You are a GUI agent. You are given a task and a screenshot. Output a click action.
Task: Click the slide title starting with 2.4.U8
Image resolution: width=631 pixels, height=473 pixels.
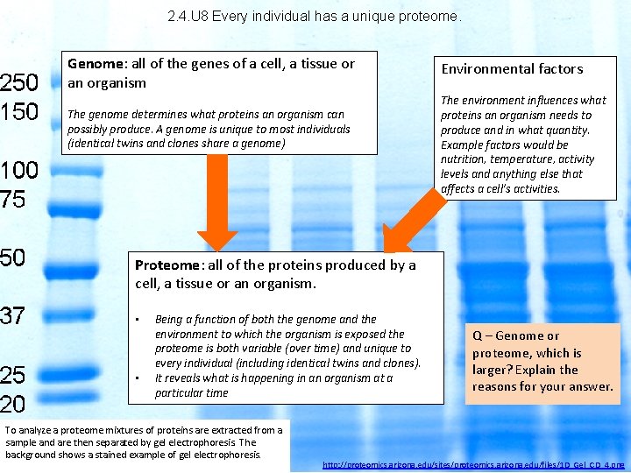pos(313,16)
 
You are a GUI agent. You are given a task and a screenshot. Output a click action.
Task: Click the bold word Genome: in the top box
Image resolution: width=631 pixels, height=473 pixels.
pos(98,64)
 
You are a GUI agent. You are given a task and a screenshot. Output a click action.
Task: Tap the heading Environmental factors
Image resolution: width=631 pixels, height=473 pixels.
pos(512,69)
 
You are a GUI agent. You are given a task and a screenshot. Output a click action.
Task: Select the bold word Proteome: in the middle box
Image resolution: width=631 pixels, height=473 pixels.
pos(168,265)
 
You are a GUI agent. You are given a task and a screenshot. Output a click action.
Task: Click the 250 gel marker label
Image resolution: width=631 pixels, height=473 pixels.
pos(19,82)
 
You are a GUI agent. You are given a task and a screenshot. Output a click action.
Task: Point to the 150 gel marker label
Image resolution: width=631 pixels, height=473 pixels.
pos(19,112)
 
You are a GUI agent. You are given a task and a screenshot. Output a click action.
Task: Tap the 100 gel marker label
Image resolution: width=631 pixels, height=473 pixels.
pos(19,170)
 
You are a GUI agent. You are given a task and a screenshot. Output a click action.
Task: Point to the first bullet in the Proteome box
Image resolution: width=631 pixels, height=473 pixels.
pos(138,320)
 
